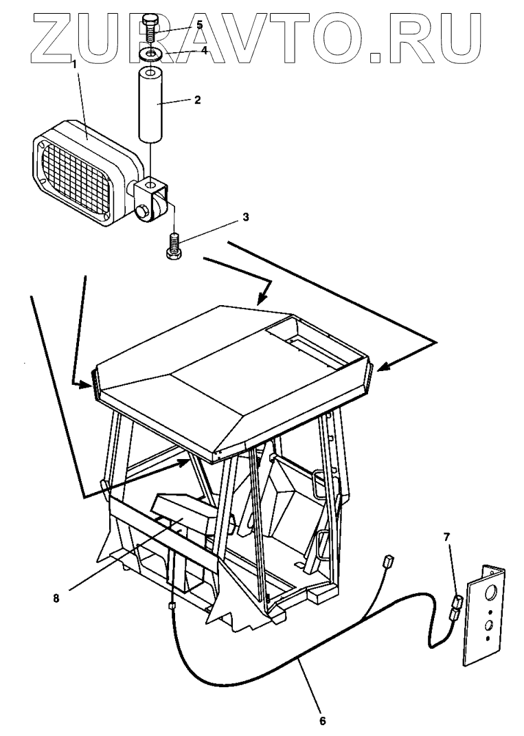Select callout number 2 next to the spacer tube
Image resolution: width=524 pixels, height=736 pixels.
(197, 100)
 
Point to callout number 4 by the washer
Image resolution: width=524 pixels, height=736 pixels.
(204, 49)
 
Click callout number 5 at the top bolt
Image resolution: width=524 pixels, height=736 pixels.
(199, 25)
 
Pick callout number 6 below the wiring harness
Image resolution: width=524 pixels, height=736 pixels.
(323, 721)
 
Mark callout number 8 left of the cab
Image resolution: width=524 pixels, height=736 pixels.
(56, 597)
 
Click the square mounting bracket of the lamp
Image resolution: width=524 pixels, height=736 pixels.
(152, 196)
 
